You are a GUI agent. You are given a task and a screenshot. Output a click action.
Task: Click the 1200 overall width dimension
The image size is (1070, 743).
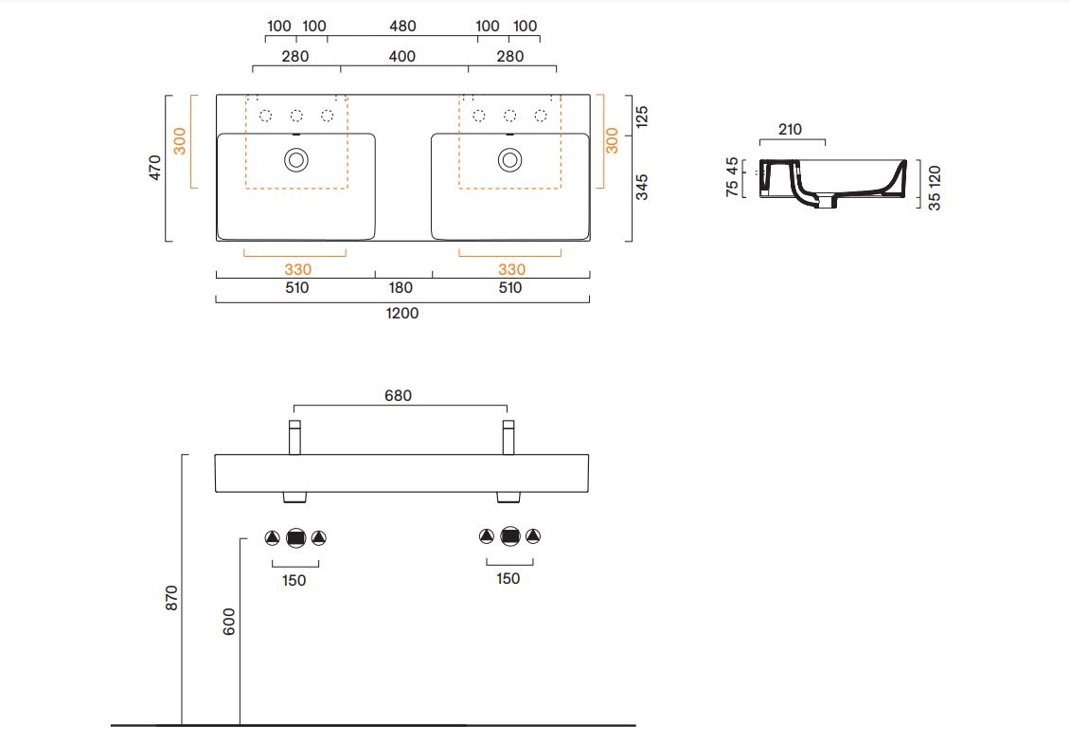[x=401, y=314]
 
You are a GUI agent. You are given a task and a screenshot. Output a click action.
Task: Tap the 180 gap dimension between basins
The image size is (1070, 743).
[x=401, y=288]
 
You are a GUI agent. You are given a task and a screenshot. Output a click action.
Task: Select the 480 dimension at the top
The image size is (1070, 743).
[x=402, y=26]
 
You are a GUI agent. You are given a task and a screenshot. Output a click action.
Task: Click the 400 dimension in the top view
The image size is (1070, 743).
[x=401, y=56]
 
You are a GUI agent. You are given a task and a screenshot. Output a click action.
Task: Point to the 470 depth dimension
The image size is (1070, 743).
[x=155, y=168]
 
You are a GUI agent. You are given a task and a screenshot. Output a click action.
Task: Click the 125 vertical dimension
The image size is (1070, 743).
[x=641, y=117]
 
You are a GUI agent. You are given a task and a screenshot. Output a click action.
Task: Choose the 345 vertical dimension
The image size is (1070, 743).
[x=641, y=187]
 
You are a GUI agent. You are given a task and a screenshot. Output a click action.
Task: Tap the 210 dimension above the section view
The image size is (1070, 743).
[x=791, y=129]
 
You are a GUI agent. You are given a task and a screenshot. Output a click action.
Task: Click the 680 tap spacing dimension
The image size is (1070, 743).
[x=398, y=395]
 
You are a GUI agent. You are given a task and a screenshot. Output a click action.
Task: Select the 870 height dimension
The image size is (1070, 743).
[x=171, y=598]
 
